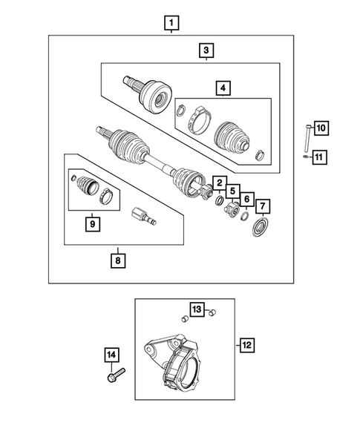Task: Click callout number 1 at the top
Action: [171, 24]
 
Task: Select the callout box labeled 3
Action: [206, 50]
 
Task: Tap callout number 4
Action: [222, 88]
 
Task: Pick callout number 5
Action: [232, 191]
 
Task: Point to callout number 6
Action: [246, 200]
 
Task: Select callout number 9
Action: [92, 221]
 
